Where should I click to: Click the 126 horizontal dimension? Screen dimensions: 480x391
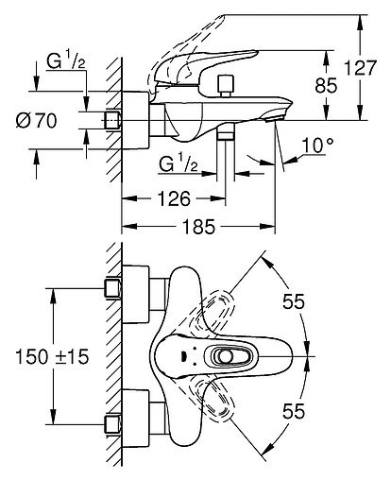(174, 199)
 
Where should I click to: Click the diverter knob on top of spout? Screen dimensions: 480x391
(227, 87)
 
